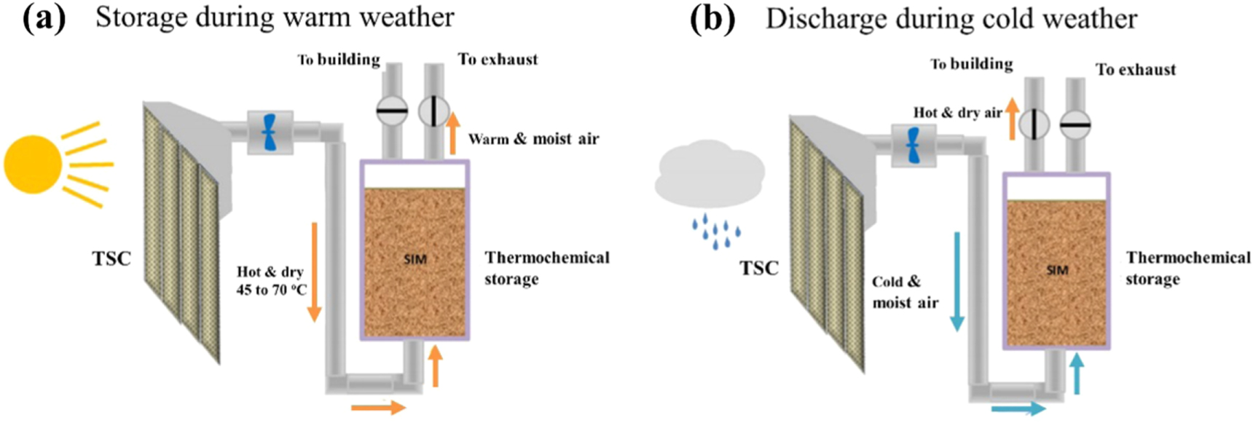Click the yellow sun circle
tap(32, 165)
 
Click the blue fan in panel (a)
tap(269, 132)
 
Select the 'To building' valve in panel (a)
tap(392, 111)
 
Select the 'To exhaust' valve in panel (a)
tap(433, 111)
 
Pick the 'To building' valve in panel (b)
tap(1033, 124)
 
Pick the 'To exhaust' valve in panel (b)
tap(1075, 124)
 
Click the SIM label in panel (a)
tap(415, 258)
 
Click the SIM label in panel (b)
tap(1056, 270)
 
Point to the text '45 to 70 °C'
tap(271, 290)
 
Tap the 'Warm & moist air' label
tap(533, 139)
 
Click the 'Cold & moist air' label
tap(905, 292)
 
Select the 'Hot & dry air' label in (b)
tap(957, 113)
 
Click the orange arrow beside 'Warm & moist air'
tap(452, 132)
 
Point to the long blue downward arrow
tap(957, 280)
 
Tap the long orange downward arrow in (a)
tap(314, 272)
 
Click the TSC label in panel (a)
tap(111, 258)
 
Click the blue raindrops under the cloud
tap(716, 232)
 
